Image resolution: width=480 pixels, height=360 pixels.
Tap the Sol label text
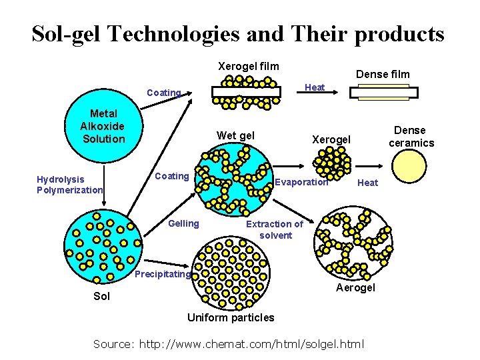(102, 296)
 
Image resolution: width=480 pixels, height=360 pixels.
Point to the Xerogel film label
(249, 66)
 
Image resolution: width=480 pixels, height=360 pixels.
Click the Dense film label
(383, 74)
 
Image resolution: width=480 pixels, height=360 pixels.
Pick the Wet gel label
(235, 136)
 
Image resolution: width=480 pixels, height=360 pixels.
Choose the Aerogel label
(355, 287)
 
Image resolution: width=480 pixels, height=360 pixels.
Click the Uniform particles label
(231, 317)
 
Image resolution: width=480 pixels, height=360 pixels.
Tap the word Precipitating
(163, 274)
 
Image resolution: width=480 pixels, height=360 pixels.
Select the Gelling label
(183, 223)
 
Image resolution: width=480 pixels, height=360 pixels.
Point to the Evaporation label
(301, 182)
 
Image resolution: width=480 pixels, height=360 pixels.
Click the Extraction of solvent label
(274, 229)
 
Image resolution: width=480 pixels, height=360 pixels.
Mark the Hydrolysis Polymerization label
(69, 185)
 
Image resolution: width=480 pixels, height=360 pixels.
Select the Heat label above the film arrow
(315, 87)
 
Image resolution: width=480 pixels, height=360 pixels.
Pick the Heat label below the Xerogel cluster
(367, 183)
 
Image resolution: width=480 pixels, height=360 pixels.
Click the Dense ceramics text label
(411, 137)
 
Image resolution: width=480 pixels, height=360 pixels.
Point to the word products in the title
(399, 33)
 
